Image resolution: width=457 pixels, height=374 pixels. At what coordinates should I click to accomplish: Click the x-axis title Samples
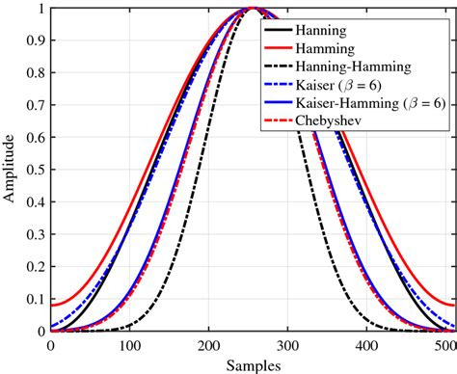point(252,365)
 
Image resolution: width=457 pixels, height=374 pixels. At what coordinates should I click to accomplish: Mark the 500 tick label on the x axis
point(444,345)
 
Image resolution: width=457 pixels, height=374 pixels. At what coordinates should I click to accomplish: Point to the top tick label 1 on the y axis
point(40,10)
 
